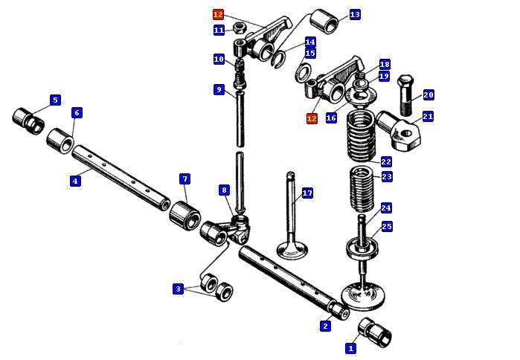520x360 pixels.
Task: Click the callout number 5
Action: click(x=55, y=100)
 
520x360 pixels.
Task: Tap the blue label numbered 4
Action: click(x=75, y=181)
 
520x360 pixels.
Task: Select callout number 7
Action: click(x=184, y=179)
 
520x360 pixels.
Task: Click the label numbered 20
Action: click(x=428, y=95)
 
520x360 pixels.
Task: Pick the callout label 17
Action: click(x=307, y=194)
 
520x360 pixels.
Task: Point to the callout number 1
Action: click(x=351, y=347)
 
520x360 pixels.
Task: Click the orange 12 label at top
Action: click(x=218, y=14)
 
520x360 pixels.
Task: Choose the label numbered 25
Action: click(x=387, y=226)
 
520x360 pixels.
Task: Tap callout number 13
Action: click(x=355, y=14)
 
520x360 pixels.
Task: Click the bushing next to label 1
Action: click(x=376, y=332)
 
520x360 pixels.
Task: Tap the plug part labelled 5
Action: click(x=28, y=119)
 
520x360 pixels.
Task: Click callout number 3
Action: click(x=178, y=289)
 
